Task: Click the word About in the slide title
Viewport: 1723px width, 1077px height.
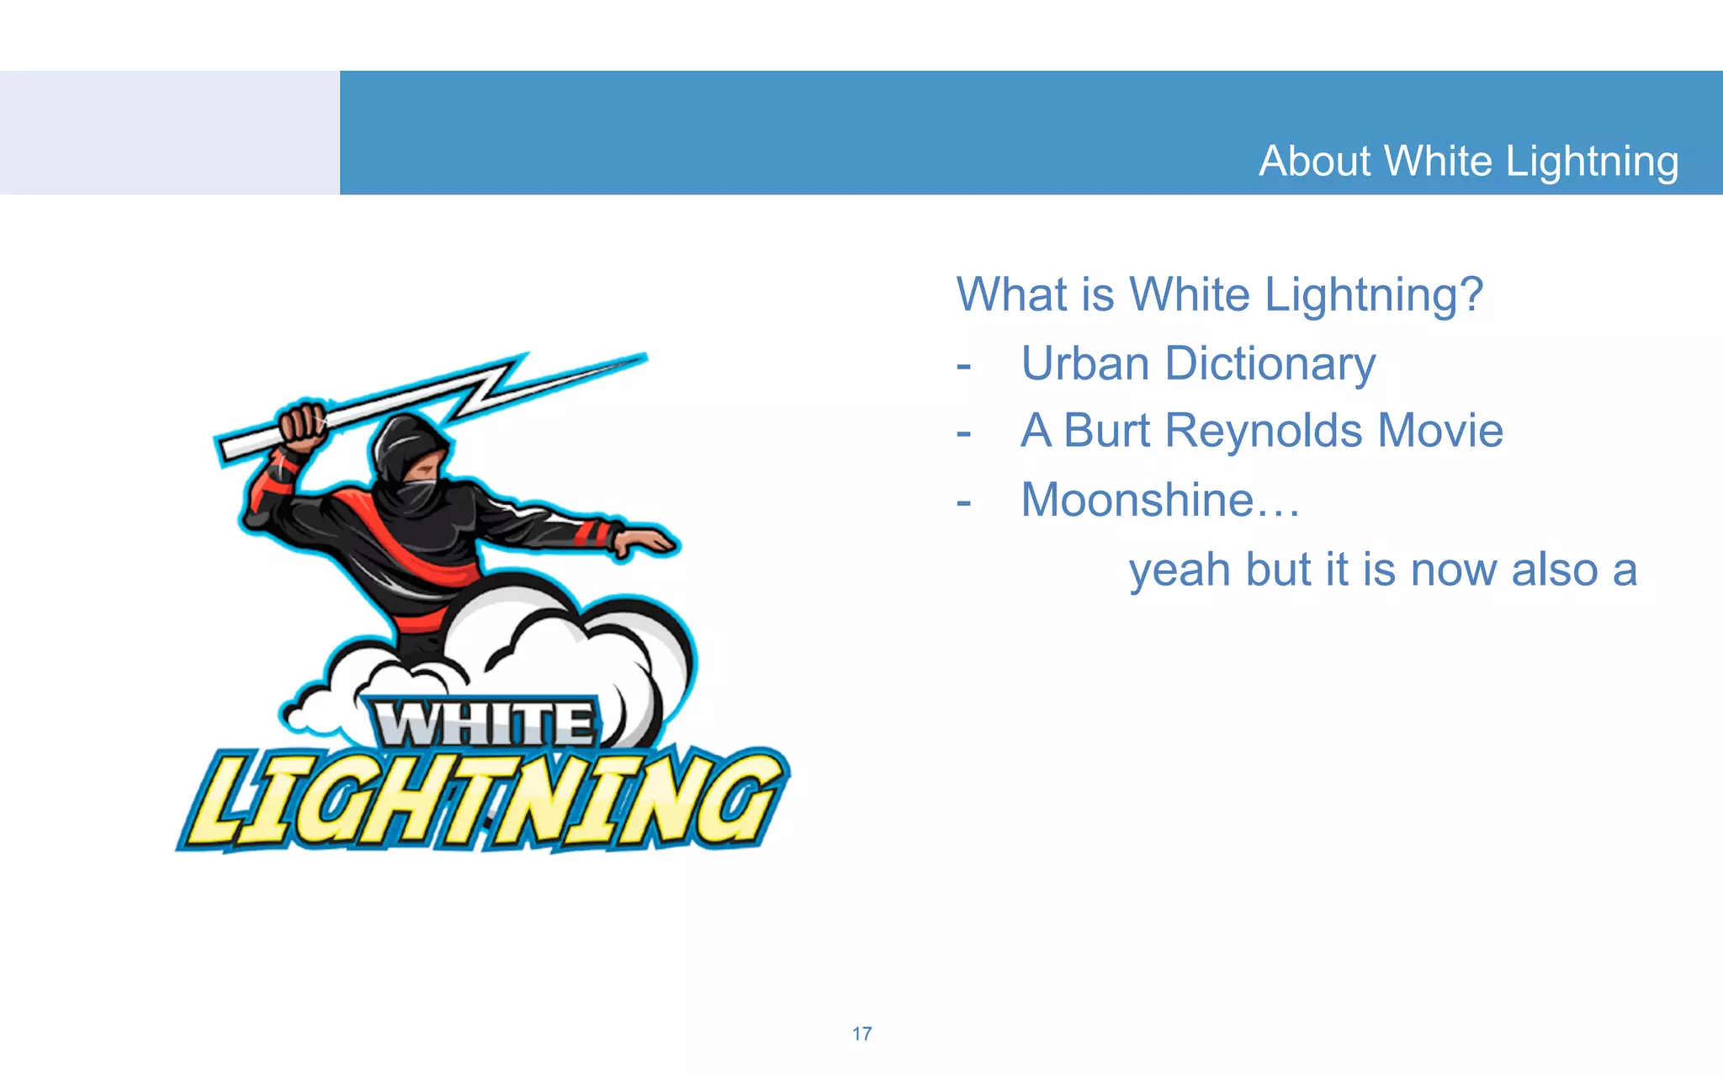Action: pos(1314,161)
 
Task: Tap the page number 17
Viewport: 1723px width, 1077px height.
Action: pos(861,1033)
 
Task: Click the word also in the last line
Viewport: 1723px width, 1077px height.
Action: pos(1555,570)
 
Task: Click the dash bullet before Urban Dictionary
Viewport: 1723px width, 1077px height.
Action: pos(964,367)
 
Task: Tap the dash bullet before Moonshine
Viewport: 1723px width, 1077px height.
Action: pos(964,503)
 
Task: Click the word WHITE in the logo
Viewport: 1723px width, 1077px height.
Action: pos(484,724)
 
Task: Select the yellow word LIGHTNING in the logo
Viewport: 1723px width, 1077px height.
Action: pos(484,799)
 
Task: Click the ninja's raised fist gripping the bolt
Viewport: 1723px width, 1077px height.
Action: pos(302,424)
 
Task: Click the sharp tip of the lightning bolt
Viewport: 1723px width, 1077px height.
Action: pos(643,357)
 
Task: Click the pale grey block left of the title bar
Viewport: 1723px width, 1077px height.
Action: pos(169,133)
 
